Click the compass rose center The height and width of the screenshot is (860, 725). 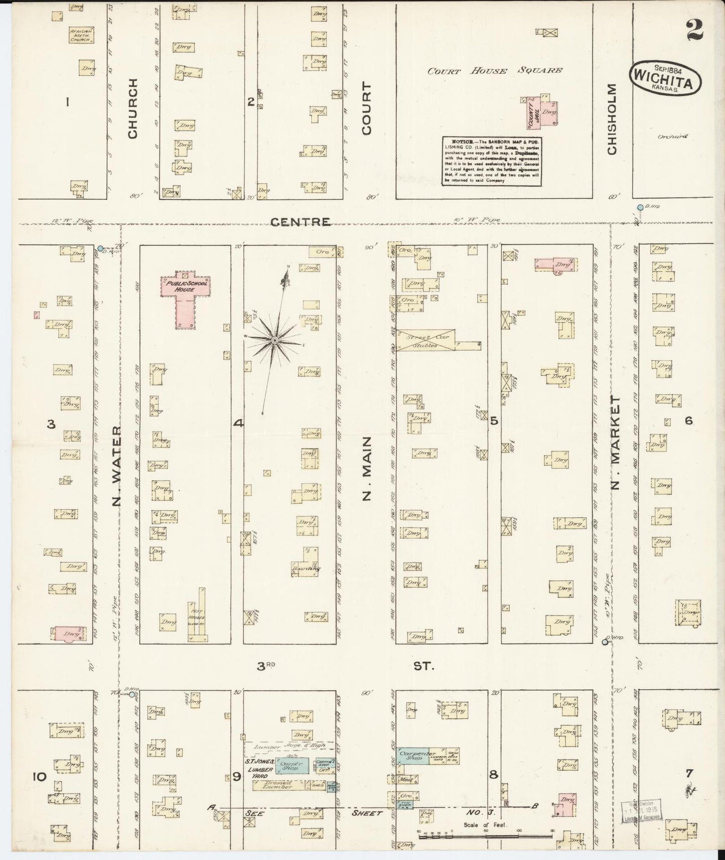click(x=274, y=341)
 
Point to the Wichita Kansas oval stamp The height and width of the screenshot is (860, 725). click(x=663, y=78)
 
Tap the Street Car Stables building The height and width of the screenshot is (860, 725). click(x=425, y=340)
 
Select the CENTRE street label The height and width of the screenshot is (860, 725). click(x=300, y=221)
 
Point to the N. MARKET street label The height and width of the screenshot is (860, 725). click(x=617, y=443)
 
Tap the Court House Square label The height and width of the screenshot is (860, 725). click(x=494, y=71)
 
